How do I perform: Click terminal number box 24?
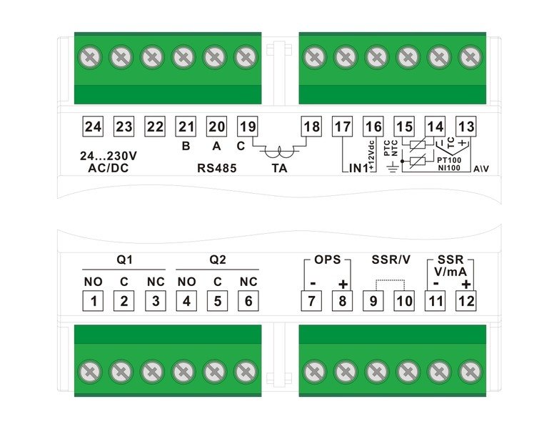[93, 127]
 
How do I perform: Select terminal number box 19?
[246, 127]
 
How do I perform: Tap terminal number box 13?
[466, 127]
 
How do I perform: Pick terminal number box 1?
[93, 301]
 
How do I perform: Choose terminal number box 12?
[466, 301]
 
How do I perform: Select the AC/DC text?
[104, 168]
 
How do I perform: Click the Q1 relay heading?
[124, 259]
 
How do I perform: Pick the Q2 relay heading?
[217, 259]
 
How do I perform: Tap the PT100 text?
[448, 160]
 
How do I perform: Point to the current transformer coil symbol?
[280, 152]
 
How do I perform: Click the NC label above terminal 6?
[248, 281]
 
